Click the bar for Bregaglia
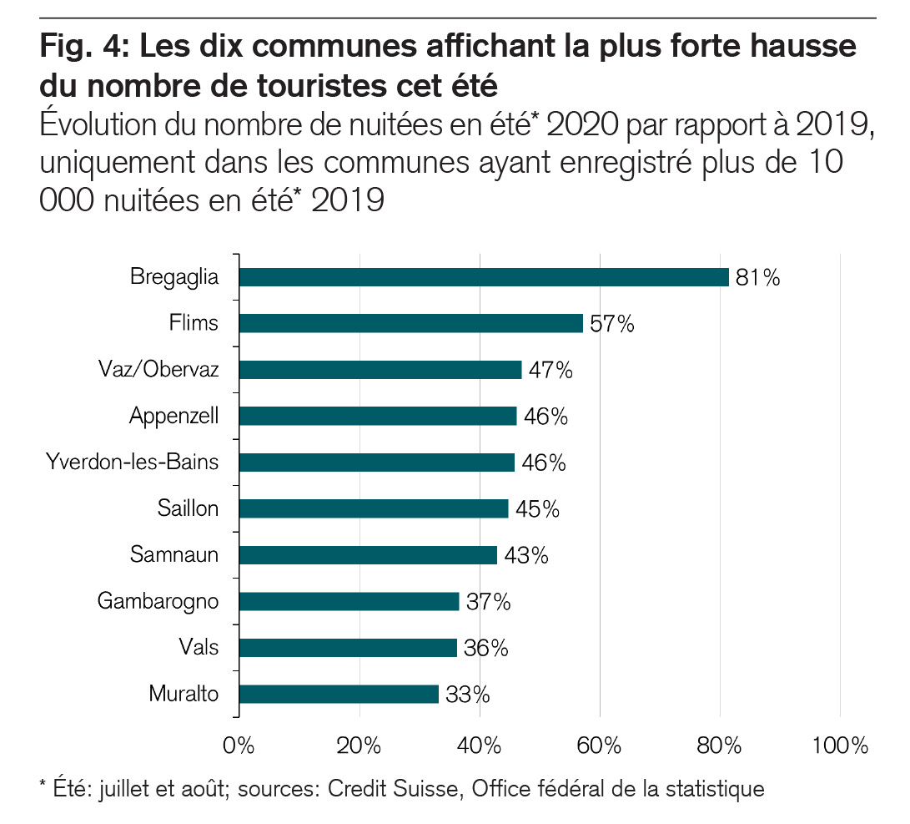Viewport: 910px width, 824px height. pos(484,277)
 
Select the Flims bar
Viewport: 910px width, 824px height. pos(411,323)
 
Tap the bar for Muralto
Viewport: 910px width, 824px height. pos(339,694)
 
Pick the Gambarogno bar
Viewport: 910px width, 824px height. pos(349,601)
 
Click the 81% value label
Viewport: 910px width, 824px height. pos(757,278)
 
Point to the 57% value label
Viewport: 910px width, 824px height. pos(611,324)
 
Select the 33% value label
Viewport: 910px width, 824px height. pos(467,695)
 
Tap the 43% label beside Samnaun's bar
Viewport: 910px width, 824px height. pos(525,555)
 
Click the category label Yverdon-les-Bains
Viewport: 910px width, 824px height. pos(133,463)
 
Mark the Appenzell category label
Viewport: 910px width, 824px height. pos(173,416)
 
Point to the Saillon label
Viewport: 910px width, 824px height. pos(188,508)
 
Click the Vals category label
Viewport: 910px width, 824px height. pos(199,647)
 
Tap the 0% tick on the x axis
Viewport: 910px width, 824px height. pos(239,746)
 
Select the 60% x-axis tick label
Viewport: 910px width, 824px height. pos(600,746)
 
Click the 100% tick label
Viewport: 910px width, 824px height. pos(840,746)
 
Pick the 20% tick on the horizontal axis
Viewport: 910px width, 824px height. pos(359,746)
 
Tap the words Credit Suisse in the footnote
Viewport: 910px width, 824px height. pos(392,788)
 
